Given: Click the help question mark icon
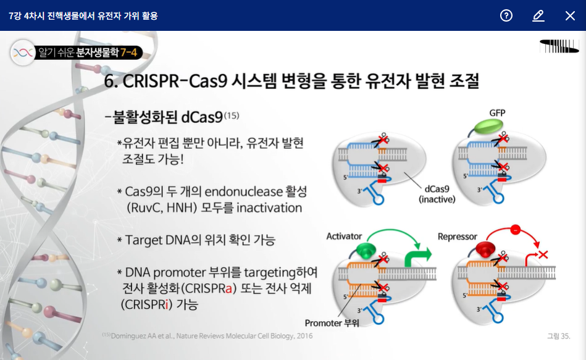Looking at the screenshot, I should point(506,15).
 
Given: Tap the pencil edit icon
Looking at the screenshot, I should point(538,15).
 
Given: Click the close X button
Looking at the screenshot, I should point(570,15).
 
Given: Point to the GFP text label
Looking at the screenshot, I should point(498,113).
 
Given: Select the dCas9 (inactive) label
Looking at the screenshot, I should point(437,195).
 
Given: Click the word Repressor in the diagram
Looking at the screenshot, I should point(458,237).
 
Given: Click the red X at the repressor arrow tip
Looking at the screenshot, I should point(543,254).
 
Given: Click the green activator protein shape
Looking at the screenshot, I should point(366,250).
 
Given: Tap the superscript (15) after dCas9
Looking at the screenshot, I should point(232,115).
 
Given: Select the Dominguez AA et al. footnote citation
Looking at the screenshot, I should point(211,336).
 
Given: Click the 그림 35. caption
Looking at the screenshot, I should point(558,336).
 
